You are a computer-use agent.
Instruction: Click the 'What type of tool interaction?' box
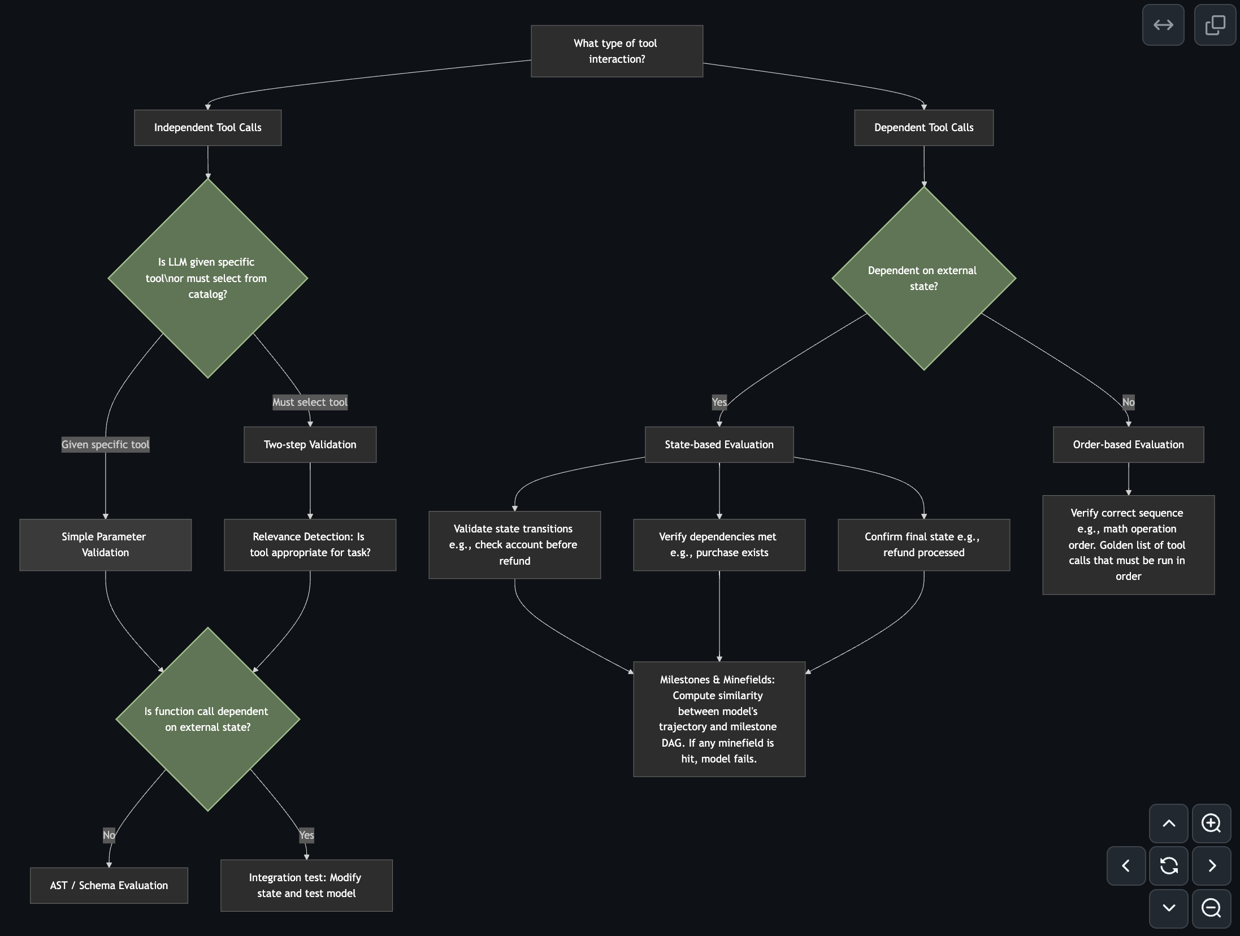pyautogui.click(x=617, y=51)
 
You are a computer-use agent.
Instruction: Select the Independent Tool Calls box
pyautogui.click(x=207, y=128)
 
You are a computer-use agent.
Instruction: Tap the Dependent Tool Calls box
pyautogui.click(x=924, y=128)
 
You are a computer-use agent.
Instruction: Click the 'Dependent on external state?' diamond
pyautogui.click(x=924, y=278)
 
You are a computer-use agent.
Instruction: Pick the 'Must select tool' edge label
pyautogui.click(x=310, y=402)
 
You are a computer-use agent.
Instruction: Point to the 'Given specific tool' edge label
pyautogui.click(x=105, y=445)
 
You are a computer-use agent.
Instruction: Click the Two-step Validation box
pyautogui.click(x=310, y=445)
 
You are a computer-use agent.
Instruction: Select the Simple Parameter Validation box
pyautogui.click(x=105, y=545)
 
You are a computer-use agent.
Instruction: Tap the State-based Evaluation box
pyautogui.click(x=719, y=445)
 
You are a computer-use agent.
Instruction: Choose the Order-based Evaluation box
pyautogui.click(x=1128, y=445)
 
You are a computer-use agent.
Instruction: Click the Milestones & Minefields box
pyautogui.click(x=719, y=719)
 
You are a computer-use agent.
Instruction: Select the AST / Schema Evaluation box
pyautogui.click(x=109, y=886)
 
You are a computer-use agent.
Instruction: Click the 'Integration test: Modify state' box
pyautogui.click(x=306, y=886)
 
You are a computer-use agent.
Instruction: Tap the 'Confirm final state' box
pyautogui.click(x=924, y=545)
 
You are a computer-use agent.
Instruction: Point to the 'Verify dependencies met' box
pyautogui.click(x=719, y=545)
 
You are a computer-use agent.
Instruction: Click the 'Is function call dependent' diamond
pyautogui.click(x=207, y=719)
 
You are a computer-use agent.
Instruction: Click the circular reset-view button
pyautogui.click(x=1169, y=865)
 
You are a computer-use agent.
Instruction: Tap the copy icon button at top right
pyautogui.click(x=1215, y=25)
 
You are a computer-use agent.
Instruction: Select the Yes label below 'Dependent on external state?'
pyautogui.click(x=719, y=402)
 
